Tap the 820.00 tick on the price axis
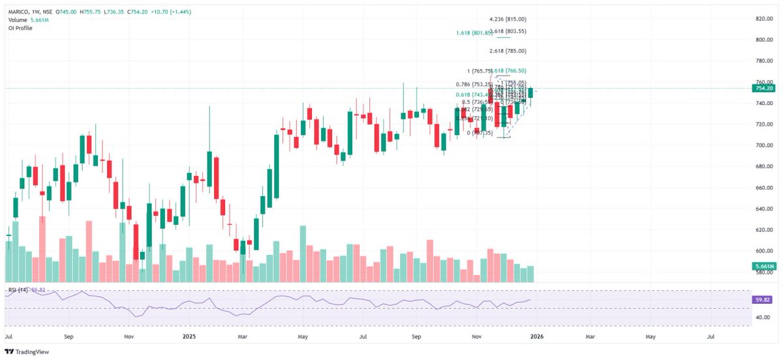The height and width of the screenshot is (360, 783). [763, 19]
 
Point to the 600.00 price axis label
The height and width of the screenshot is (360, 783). [763, 251]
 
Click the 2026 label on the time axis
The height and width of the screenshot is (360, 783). [537, 337]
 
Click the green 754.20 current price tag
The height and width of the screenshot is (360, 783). [763, 88]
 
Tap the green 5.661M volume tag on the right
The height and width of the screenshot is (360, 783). [763, 267]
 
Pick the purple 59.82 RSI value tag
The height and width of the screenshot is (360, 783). [763, 300]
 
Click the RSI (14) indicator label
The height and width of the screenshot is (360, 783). [18, 289]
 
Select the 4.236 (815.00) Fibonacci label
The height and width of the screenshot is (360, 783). [508, 20]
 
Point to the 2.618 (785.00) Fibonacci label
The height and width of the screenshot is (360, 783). [508, 51]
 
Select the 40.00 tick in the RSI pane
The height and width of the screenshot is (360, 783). [763, 318]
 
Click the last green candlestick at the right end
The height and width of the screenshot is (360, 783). [530, 93]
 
